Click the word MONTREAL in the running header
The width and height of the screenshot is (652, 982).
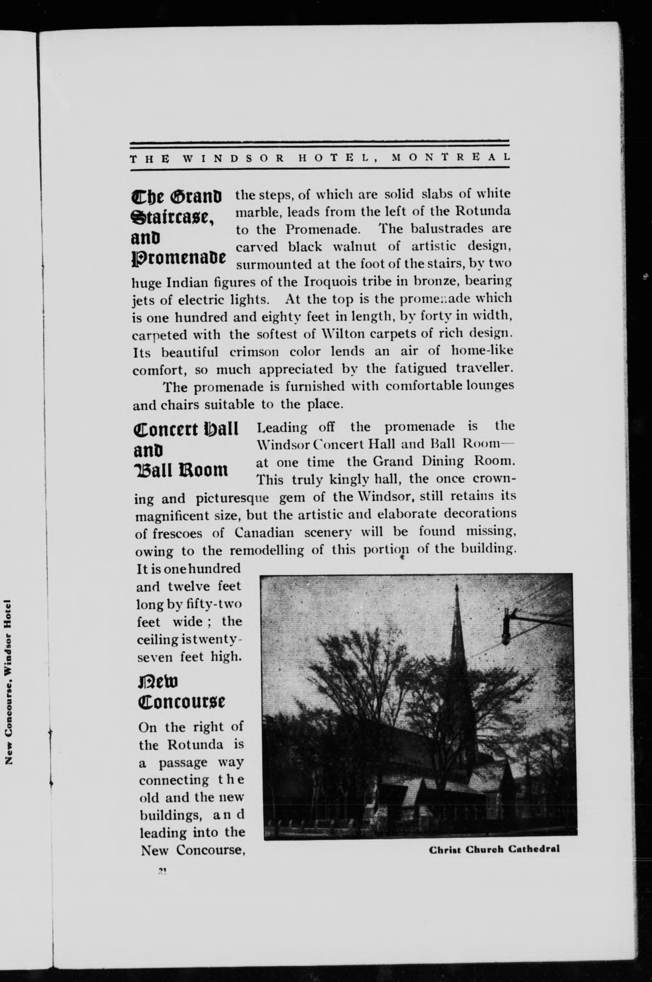pyautogui.click(x=451, y=158)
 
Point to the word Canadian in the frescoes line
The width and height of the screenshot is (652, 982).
pyautogui.click(x=264, y=533)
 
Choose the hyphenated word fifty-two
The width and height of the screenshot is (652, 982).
pyautogui.click(x=215, y=604)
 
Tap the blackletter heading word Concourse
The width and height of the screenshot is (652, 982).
pyautogui.click(x=181, y=703)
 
